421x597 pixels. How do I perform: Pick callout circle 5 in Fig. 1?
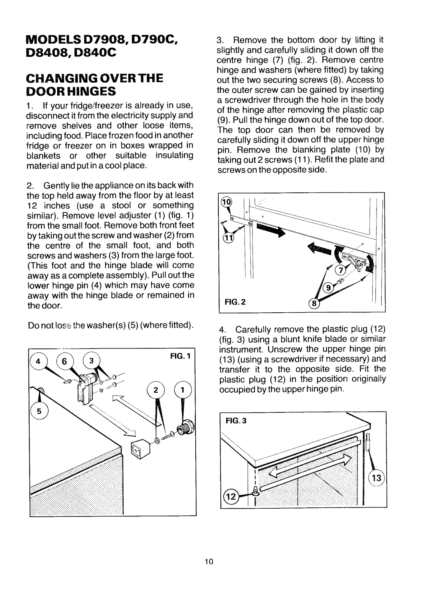pos(40,411)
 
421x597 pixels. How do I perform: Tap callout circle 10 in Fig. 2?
pos(226,203)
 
